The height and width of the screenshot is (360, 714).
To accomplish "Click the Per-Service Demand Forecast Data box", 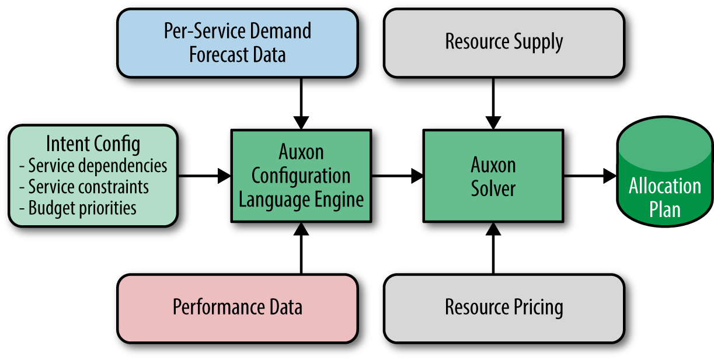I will pos(237,43).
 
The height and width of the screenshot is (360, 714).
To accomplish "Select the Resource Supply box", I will pos(504,43).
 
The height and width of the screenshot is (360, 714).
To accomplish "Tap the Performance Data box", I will pos(237,307).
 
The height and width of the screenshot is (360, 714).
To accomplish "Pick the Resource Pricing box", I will pos(504,307).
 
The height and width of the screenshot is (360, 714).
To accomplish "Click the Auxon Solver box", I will pos(493,176).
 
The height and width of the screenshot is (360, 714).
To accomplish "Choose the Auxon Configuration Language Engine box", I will pos(301,176).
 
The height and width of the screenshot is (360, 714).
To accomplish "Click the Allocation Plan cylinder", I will pos(665,176).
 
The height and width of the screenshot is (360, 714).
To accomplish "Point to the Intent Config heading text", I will pos(93,144).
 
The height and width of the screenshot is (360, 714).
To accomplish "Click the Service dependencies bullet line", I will pos(93,166).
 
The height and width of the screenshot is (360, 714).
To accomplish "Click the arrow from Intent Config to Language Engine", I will pos(204,175).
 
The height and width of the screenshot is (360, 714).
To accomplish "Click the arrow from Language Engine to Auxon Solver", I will pos(397,175).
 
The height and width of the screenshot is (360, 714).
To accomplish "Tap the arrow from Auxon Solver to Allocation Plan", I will pos(590,175).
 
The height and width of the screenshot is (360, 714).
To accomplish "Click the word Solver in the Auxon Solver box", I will pos(493,188).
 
